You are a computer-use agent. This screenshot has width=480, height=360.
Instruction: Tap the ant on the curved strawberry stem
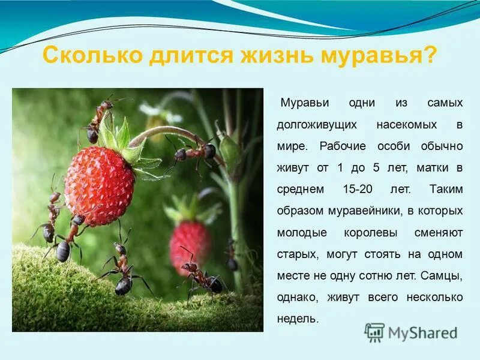pos(195,152)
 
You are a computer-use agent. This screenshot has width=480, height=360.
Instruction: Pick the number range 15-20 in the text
pos(358,188)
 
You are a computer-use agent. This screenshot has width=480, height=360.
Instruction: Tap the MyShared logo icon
pos(375,332)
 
